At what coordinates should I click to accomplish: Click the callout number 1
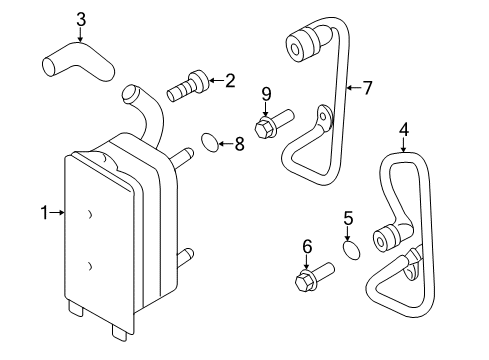pyautogui.click(x=44, y=211)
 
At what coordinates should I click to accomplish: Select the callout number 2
pyautogui.click(x=230, y=80)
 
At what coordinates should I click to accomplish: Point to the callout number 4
pyautogui.click(x=404, y=128)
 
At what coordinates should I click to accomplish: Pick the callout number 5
pyautogui.click(x=349, y=217)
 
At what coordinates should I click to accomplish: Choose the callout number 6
pyautogui.click(x=307, y=246)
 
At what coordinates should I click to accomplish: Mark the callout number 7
pyautogui.click(x=366, y=88)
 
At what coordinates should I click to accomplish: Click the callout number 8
pyautogui.click(x=238, y=144)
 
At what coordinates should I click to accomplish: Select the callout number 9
pyautogui.click(x=266, y=95)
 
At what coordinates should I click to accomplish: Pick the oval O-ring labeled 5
pyautogui.click(x=349, y=247)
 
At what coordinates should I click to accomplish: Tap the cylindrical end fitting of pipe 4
pyautogui.click(x=386, y=241)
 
